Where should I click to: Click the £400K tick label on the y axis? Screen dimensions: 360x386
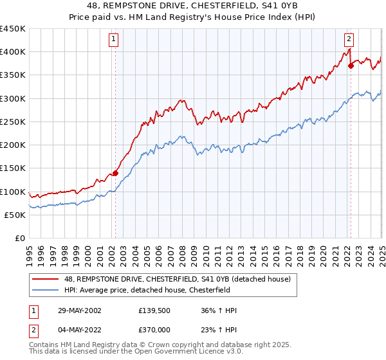pos(13,52)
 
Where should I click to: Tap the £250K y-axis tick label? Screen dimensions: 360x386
pos(13,122)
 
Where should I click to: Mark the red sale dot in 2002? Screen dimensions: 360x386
pos(116,173)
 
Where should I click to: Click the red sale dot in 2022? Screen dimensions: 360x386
pos(351,66)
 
